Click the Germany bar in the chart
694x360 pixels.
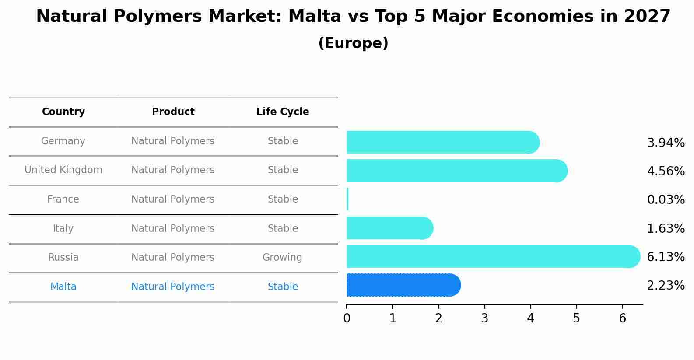tap(442, 142)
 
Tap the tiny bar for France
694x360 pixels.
tap(347, 199)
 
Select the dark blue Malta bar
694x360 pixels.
tap(403, 285)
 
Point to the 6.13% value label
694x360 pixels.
tap(666, 257)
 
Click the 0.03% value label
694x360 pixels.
tap(666, 200)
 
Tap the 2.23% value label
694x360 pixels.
tap(666, 286)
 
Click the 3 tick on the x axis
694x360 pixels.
tap(484, 318)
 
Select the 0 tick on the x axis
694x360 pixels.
tap(347, 318)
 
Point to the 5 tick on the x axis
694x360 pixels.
tap(576, 318)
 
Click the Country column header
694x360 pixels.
tap(63, 112)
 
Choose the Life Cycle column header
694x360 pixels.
tap(283, 112)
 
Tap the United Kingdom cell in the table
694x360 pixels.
tap(63, 170)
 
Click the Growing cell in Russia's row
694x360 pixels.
tap(282, 258)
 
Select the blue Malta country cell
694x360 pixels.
tap(63, 287)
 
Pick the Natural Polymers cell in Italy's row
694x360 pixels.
tap(173, 229)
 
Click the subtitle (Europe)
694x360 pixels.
tap(353, 43)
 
